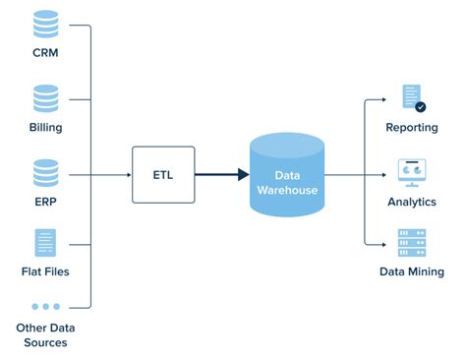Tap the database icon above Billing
point(44,97)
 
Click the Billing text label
point(44,128)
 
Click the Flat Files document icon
point(44,242)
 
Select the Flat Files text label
point(44,271)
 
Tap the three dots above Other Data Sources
point(44,307)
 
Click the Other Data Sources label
point(44,334)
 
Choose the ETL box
point(162,174)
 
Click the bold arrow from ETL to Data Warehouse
point(220,174)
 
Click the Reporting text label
point(412,128)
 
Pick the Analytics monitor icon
point(412,171)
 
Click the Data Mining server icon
point(412,242)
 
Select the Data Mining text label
point(412,271)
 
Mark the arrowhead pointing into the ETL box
point(127,174)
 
